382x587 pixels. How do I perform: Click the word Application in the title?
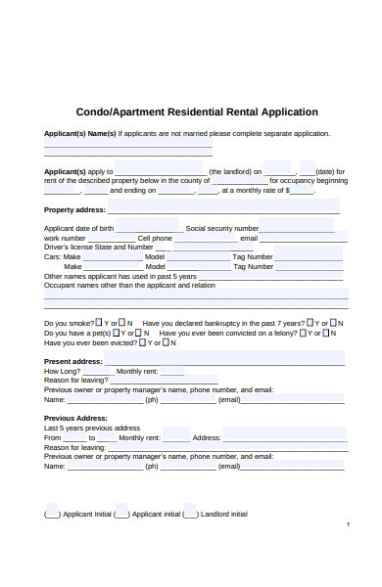point(284,112)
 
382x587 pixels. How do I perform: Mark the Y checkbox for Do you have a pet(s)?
point(100,333)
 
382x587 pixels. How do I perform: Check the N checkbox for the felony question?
point(336,333)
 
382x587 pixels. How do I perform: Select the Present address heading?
point(73,362)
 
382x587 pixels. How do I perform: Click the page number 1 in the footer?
point(349,525)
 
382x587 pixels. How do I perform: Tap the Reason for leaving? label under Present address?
point(76,381)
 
